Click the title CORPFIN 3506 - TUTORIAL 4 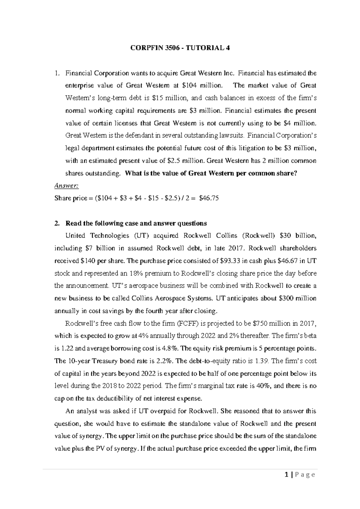(180, 48)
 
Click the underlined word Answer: (66, 186)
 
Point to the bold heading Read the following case (136, 223)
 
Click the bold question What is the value (211, 174)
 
